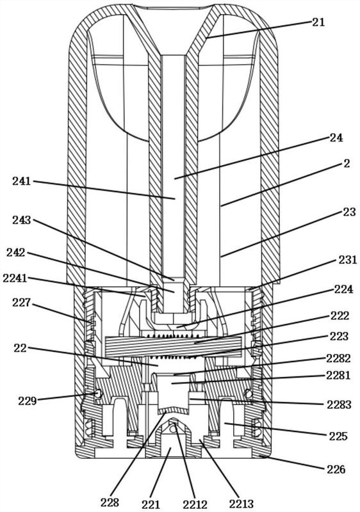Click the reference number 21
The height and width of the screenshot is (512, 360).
pos(318,22)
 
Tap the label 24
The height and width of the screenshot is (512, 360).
pos(336,138)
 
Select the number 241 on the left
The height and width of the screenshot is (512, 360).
pos(22,181)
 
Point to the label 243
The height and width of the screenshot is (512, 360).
pos(22,220)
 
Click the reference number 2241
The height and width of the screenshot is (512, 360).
pos(15,278)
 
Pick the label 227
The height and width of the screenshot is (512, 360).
pos(22,303)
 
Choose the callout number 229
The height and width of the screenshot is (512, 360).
pos(27,401)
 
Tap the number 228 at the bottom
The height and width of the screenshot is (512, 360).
pos(110,502)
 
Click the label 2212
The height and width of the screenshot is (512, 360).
pos(195,504)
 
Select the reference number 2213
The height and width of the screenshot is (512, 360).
pos(241,504)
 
